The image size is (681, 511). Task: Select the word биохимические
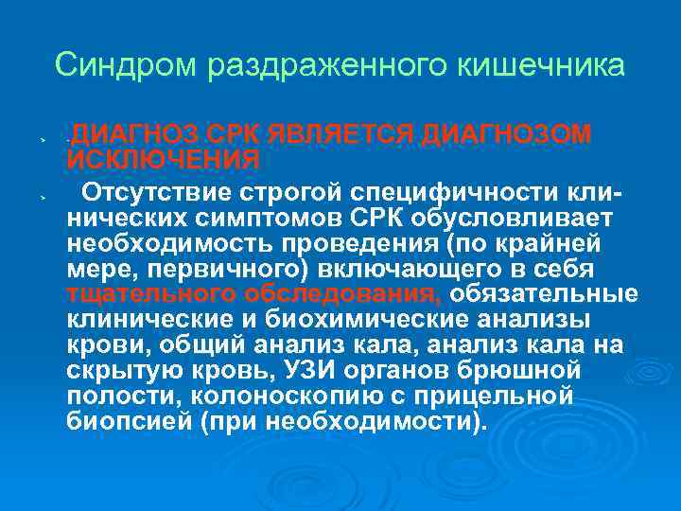pos(358,317)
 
